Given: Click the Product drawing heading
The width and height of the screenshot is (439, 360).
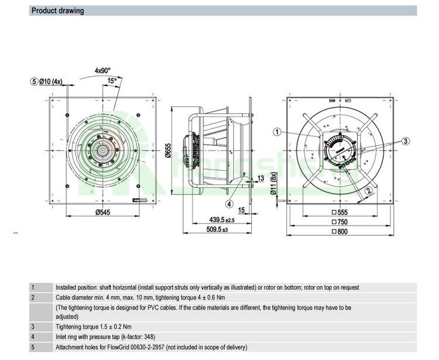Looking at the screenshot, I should click(57, 11).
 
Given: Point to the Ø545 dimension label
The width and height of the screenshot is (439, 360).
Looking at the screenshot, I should click(104, 212).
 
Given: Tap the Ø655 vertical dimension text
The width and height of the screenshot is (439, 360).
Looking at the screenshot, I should click(168, 150).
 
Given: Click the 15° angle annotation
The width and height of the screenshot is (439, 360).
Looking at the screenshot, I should click(111, 80).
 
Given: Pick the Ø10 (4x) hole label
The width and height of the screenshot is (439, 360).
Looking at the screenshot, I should click(50, 81).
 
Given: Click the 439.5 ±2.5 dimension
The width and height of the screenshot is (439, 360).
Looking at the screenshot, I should click(222, 220).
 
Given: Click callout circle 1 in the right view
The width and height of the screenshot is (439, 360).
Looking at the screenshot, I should click(277, 132).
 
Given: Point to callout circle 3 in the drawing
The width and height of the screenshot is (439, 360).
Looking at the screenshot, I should click(406, 140).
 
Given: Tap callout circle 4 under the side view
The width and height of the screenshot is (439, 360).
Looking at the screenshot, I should click(230, 204).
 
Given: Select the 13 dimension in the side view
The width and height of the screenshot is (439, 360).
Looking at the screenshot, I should click(260, 177).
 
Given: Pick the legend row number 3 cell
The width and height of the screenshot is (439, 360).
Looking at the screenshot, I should click(33, 326).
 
